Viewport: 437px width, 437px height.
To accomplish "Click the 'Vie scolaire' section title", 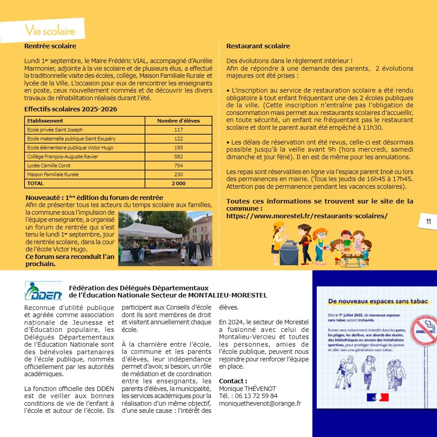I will point(50,31).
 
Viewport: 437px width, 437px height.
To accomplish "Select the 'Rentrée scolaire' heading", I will point(50,46).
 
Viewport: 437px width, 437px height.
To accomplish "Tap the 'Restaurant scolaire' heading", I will point(258,46).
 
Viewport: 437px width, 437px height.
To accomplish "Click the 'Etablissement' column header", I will point(45,121).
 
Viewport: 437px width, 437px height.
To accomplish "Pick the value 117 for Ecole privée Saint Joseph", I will point(178,130).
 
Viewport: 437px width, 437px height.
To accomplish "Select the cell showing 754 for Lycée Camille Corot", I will point(178,165).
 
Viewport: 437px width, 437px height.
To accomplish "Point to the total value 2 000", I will point(178,183).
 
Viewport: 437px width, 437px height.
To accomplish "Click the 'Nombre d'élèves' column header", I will point(178,121).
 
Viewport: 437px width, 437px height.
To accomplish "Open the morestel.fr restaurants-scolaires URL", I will point(307,216).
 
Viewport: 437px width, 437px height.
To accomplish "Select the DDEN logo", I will point(43,291).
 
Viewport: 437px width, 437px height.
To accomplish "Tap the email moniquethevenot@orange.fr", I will point(260,403).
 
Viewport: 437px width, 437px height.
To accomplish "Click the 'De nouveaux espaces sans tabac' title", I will point(378,302).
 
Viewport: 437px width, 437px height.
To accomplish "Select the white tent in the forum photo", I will point(150,230).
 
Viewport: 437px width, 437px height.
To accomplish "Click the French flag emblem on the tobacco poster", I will point(377,397).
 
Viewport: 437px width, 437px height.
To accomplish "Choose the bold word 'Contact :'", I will point(233,381).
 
